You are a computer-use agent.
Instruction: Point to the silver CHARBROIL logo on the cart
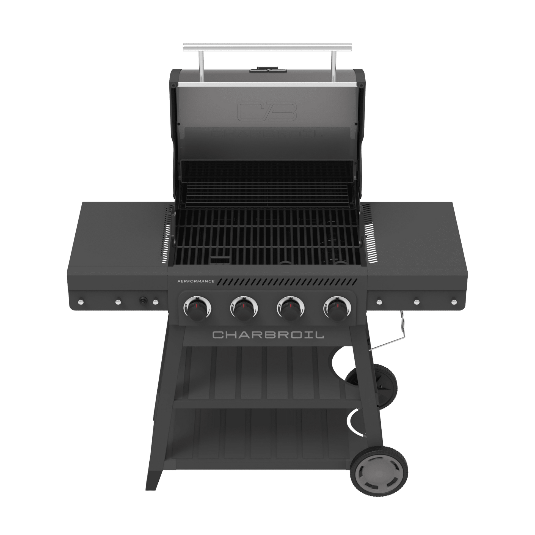click(268, 335)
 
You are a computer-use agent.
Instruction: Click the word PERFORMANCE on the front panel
click(196, 281)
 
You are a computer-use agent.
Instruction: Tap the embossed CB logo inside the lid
click(267, 112)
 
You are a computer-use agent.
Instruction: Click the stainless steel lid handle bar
click(267, 48)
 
